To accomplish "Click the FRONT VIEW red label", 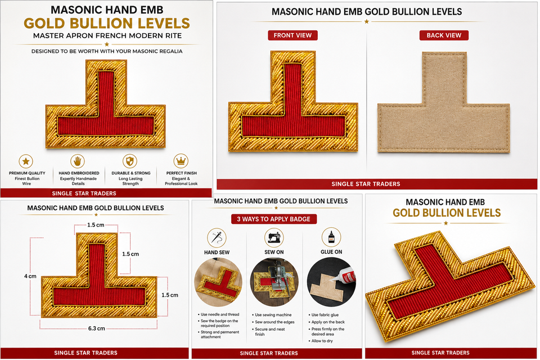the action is pos(292,35).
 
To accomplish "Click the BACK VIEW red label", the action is pos(444,35).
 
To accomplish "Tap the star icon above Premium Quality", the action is pos(26,161).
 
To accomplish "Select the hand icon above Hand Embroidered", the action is pos(78,161).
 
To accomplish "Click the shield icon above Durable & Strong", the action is pos(130,161).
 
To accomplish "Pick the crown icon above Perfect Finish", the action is pos(181,161).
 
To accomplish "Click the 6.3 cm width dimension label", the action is pos(96,328).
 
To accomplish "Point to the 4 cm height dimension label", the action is pos(30,276).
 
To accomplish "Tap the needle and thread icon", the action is pos(217,238).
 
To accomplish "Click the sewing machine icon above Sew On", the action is pos(274,238).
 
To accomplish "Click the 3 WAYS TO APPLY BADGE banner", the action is pos(274,219).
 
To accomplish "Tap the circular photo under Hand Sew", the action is pos(218,282).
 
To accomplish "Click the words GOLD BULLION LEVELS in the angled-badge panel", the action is pos(447,213).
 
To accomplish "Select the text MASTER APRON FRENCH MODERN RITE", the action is pos(107,36).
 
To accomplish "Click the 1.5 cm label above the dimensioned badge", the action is pos(96,225).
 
